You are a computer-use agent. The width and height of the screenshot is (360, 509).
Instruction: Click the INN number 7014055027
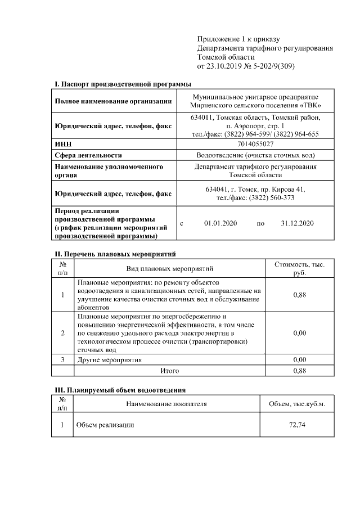(255, 145)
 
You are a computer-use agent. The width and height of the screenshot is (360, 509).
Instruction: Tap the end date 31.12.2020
(297, 223)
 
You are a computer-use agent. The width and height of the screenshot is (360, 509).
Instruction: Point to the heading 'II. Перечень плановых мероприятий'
(115, 254)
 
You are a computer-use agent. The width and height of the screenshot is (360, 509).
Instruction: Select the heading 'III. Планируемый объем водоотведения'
(120, 389)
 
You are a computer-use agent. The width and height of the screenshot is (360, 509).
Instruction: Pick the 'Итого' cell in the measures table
(170, 371)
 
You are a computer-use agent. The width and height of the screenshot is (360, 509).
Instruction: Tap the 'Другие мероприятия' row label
(110, 359)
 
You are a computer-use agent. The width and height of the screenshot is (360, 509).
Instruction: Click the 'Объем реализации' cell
(105, 425)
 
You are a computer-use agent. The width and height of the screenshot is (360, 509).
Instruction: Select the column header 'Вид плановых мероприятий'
(169, 268)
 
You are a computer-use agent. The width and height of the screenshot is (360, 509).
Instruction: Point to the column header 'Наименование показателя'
(166, 403)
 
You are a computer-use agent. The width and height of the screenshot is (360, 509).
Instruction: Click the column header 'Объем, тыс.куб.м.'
(296, 404)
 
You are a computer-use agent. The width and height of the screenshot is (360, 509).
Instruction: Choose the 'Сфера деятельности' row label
(88, 155)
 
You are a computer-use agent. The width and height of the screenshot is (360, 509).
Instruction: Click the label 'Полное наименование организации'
(113, 101)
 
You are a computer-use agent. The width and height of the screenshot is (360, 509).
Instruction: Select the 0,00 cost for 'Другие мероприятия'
(300, 359)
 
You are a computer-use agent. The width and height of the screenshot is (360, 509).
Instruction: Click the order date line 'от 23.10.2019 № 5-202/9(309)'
(246, 66)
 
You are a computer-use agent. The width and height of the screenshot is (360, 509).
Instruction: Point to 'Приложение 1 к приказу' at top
(238, 39)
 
